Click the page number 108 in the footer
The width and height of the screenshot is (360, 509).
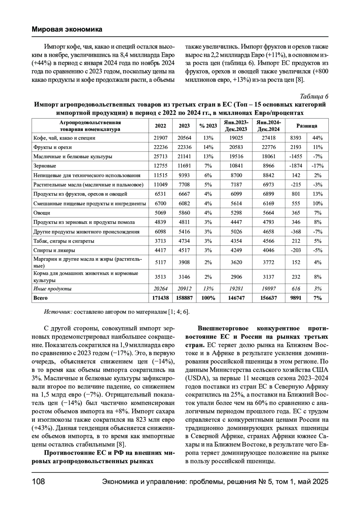(x=38, y=482)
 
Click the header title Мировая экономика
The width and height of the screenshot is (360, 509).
(x=67, y=29)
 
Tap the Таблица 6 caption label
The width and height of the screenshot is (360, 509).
(x=314, y=97)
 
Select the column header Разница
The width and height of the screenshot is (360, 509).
(x=307, y=126)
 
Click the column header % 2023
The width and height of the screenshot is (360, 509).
(x=208, y=126)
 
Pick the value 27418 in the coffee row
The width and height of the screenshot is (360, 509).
(x=268, y=138)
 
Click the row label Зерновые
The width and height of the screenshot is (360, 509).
(x=45, y=166)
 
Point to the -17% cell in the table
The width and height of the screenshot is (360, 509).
(x=317, y=166)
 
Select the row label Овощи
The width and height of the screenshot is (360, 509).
(x=42, y=213)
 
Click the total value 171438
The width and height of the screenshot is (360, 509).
(x=160, y=298)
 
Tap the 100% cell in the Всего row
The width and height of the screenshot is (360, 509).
(x=208, y=298)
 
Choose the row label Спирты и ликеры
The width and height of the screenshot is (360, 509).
(x=54, y=250)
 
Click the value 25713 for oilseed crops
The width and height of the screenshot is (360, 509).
(x=160, y=156)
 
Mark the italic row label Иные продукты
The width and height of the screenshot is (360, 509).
(x=52, y=289)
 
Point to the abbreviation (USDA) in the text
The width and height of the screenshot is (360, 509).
(x=198, y=377)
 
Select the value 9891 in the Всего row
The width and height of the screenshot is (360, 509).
(x=296, y=298)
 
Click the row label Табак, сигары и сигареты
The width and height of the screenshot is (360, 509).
(x=64, y=241)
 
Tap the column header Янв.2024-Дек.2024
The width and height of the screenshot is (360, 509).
(x=268, y=126)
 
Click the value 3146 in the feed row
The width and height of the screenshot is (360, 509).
(x=184, y=277)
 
